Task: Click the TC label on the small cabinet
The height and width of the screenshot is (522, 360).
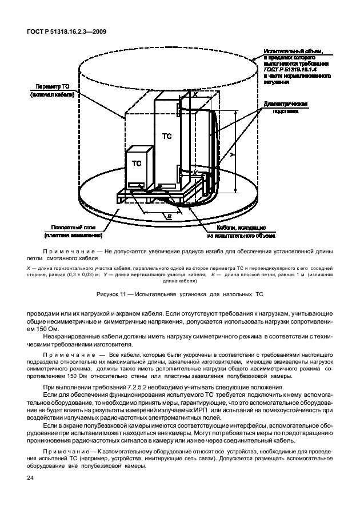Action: [x=137, y=164]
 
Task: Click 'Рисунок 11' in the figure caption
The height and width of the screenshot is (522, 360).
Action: [x=128, y=294]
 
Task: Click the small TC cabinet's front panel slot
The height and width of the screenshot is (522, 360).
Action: [x=135, y=185]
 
